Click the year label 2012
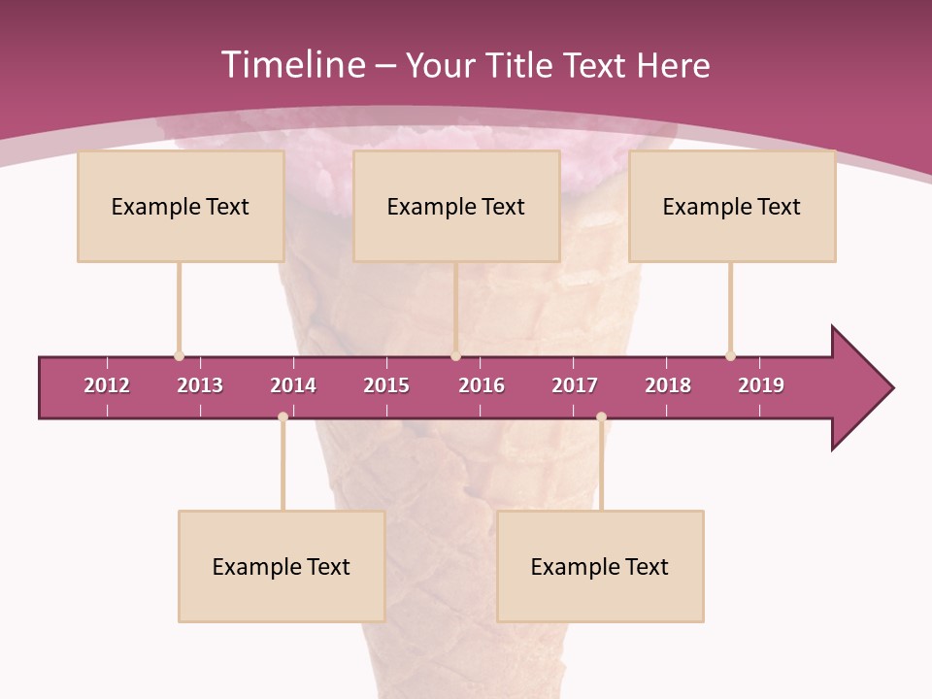click(x=107, y=385)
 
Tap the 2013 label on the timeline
click(x=200, y=385)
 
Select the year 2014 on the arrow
click(x=293, y=385)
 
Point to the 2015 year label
click(x=386, y=385)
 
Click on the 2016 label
click(x=482, y=385)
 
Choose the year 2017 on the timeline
click(x=575, y=385)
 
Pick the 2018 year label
click(x=668, y=385)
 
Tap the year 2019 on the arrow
click(x=761, y=385)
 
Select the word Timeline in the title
click(x=292, y=65)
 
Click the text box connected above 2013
click(x=181, y=206)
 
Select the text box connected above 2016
click(x=456, y=206)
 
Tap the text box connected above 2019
click(x=732, y=206)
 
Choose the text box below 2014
click(x=282, y=566)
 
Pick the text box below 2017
click(x=600, y=566)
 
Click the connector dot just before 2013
click(x=179, y=356)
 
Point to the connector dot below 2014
click(x=283, y=416)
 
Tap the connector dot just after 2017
click(x=601, y=416)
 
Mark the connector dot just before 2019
click(x=730, y=356)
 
